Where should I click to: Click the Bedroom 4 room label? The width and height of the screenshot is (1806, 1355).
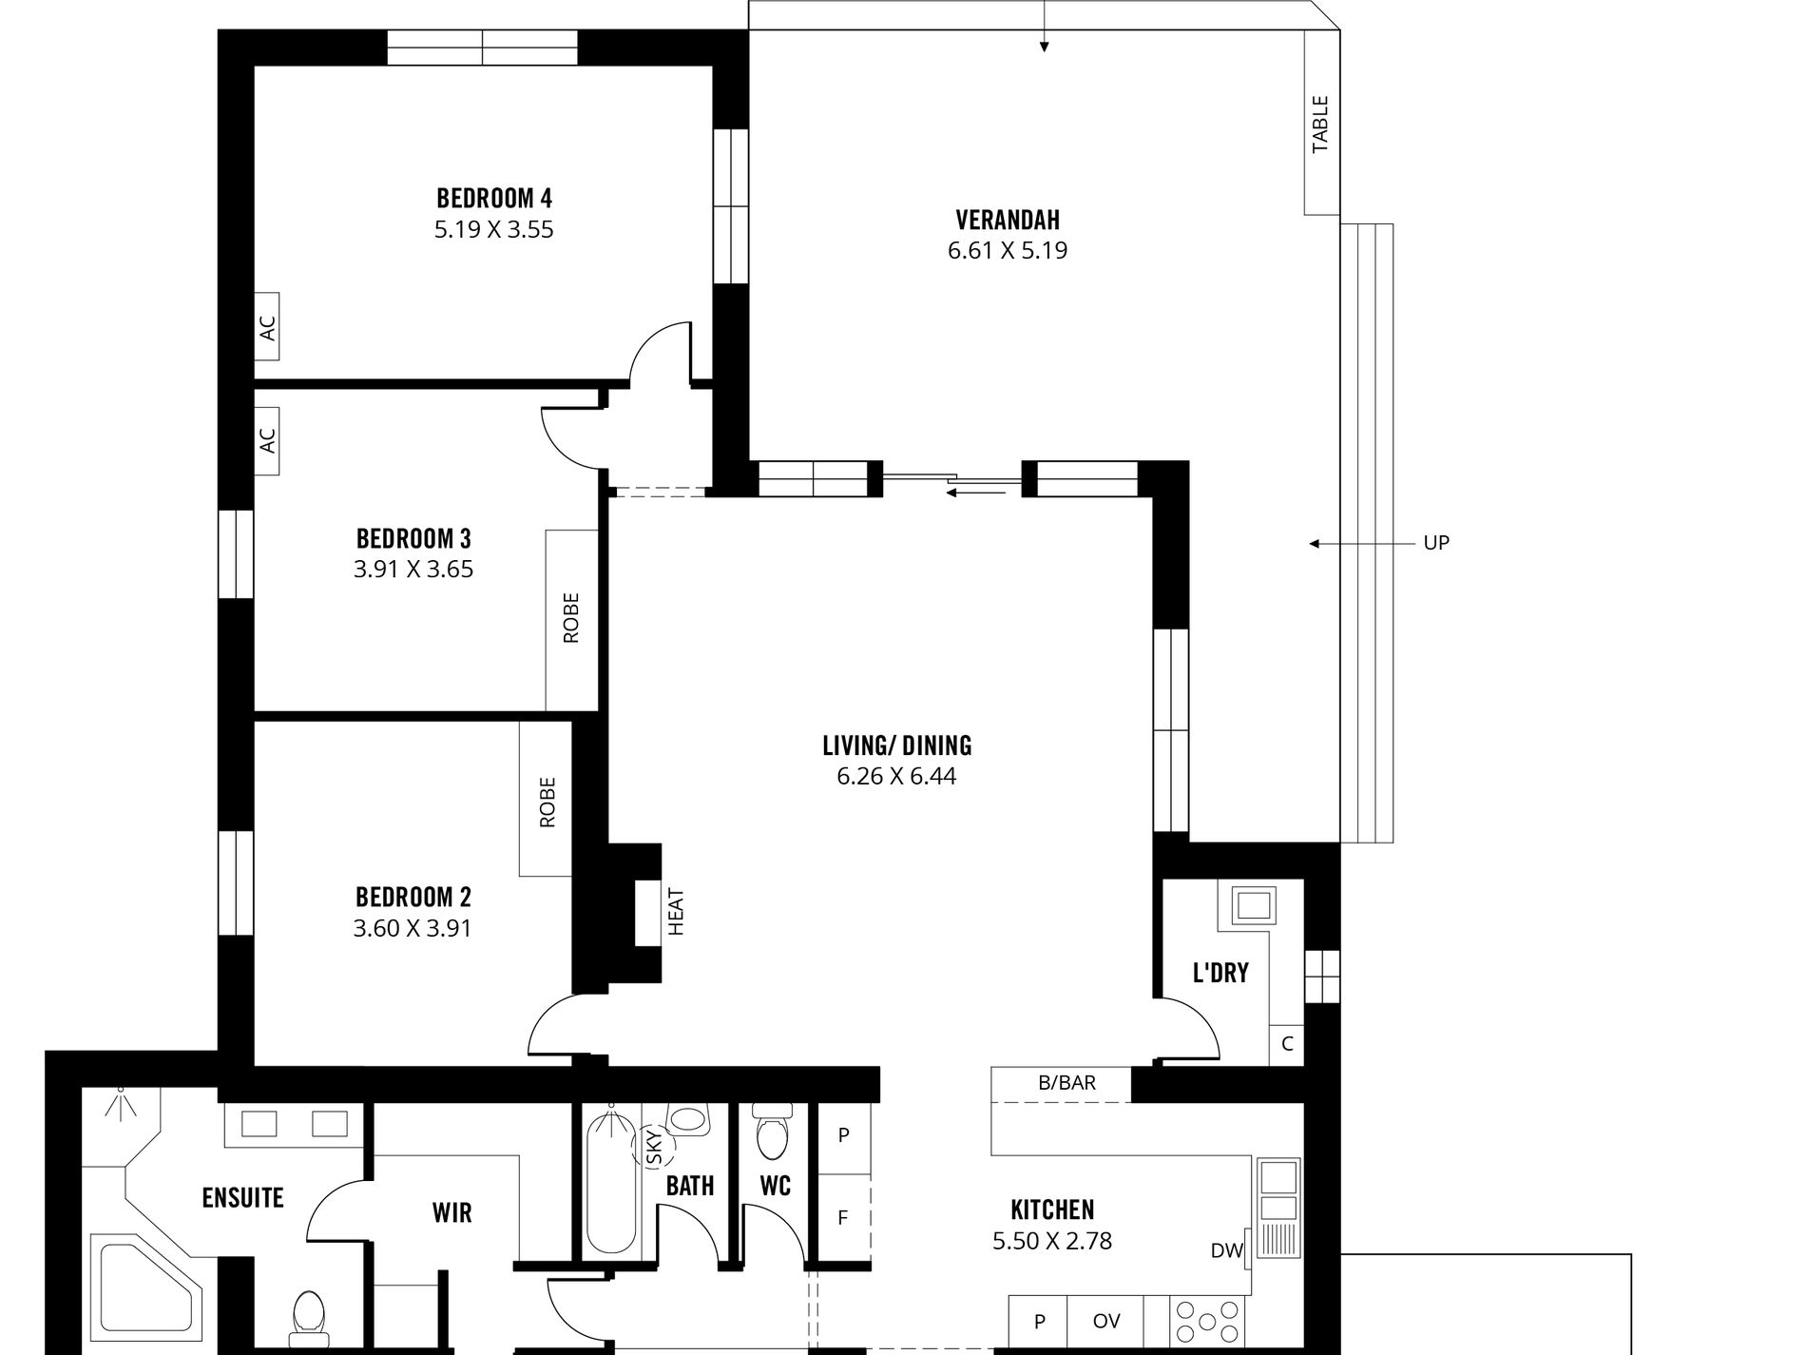pyautogui.click(x=493, y=199)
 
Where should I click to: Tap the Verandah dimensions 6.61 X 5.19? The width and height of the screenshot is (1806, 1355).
pyautogui.click(x=1007, y=251)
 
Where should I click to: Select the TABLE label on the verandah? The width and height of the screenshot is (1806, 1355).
pyautogui.click(x=1320, y=124)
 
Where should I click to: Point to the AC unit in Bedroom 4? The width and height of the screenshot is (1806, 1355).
pyautogui.click(x=267, y=326)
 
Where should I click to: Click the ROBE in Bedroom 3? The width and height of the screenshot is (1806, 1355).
pyautogui.click(x=571, y=618)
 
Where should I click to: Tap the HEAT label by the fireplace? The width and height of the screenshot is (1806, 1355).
pyautogui.click(x=676, y=911)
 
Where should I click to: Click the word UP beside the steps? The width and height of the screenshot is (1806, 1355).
pyautogui.click(x=1435, y=543)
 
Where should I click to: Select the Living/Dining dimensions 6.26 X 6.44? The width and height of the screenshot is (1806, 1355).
pyautogui.click(x=896, y=776)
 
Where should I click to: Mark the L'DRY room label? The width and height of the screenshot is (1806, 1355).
pyautogui.click(x=1220, y=973)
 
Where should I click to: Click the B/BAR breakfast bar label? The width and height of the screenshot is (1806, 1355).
pyautogui.click(x=1066, y=1083)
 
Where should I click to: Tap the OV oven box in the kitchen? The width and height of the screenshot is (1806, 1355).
pyautogui.click(x=1105, y=1321)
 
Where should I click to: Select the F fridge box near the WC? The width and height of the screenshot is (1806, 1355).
pyautogui.click(x=843, y=1217)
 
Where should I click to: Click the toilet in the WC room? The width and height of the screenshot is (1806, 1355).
pyautogui.click(x=772, y=1132)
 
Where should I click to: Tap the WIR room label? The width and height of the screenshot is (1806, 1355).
pyautogui.click(x=451, y=1213)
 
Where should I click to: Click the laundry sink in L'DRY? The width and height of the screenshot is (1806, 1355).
pyautogui.click(x=1254, y=904)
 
